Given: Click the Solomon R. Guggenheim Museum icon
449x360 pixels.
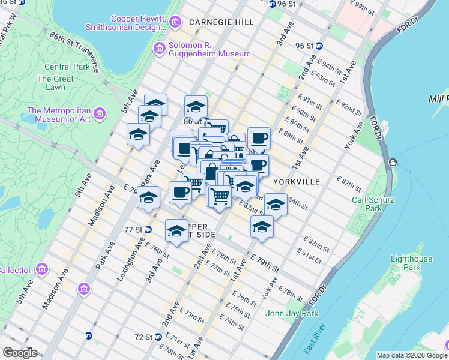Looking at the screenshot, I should [160, 48].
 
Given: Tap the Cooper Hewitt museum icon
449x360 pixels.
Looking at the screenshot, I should [175, 23].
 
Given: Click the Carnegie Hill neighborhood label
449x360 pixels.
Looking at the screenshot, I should [221, 22].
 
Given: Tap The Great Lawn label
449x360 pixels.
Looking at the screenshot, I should [55, 83].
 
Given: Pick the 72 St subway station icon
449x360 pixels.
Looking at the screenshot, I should [158, 337].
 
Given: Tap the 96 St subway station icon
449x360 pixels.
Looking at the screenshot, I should [320, 46].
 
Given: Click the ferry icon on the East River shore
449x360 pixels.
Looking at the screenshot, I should [392, 162].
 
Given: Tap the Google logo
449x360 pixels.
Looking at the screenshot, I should [20, 353].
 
